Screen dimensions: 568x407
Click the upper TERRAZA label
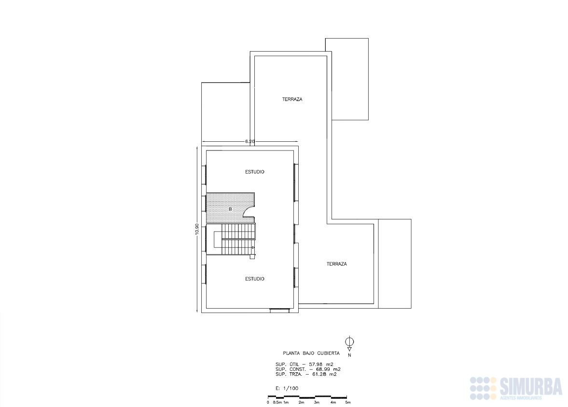pos(292,99)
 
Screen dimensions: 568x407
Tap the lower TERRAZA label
pos(336,264)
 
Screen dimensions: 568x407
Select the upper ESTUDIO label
pos(255,172)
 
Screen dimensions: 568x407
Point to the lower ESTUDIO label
pos(255,279)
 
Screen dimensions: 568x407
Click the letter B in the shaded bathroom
pos(230,209)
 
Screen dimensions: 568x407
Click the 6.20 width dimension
pos(249,142)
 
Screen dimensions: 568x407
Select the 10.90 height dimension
pos(197,229)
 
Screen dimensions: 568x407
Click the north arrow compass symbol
pos(349,343)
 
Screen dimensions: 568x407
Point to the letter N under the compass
pos(349,355)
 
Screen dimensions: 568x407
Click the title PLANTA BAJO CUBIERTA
pos(311,353)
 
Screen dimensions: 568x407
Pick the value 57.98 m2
pos(320,364)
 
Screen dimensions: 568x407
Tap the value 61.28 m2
pos(324,374)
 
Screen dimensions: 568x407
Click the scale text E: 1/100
pos(287,389)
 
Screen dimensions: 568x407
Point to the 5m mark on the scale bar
pos(348,402)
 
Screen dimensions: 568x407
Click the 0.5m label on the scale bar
pos(277,402)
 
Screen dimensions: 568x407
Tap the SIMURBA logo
pos(516,388)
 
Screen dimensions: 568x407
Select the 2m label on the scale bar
pos(302,402)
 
